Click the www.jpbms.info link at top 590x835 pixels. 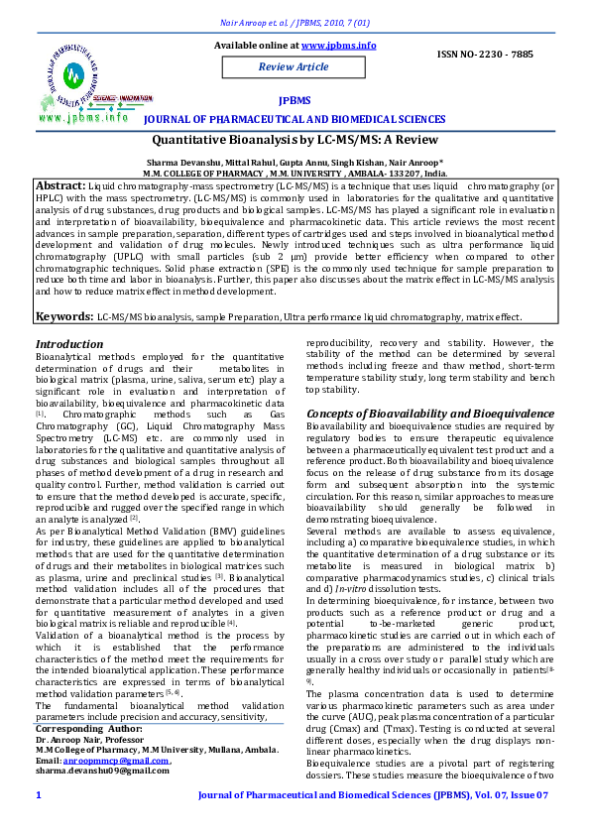click(x=338, y=46)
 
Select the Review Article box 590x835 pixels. click(x=294, y=66)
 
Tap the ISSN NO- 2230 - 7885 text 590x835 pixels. click(x=484, y=54)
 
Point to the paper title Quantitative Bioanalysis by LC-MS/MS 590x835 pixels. click(x=295, y=142)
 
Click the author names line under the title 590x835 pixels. click(x=295, y=161)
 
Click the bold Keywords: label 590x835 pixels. click(x=64, y=316)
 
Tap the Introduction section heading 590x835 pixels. click(x=69, y=344)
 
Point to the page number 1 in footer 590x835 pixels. click(x=39, y=795)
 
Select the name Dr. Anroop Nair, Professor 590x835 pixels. click(x=90, y=740)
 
